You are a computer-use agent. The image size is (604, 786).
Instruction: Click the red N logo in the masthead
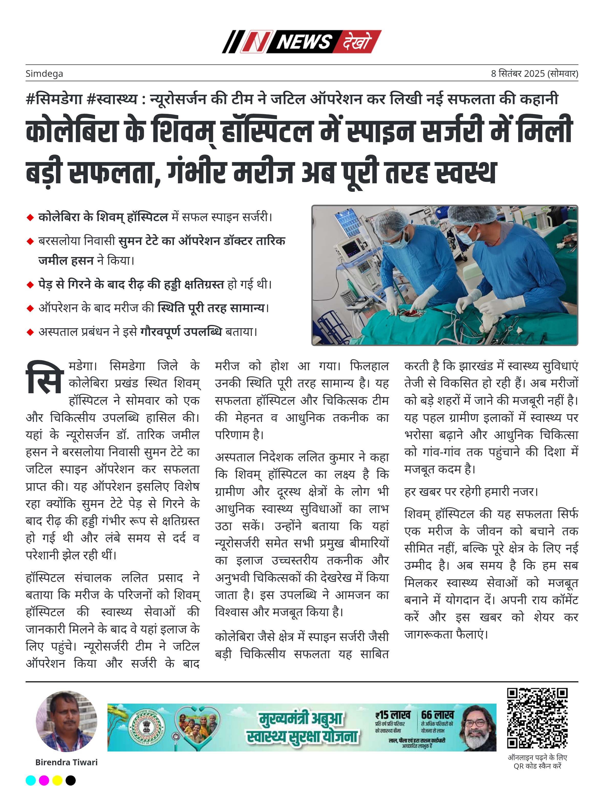(255, 42)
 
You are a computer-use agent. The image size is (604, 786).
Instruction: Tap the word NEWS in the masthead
(304, 42)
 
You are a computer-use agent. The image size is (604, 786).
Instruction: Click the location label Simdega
(44, 74)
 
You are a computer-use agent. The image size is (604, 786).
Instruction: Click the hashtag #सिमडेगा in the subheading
(54, 99)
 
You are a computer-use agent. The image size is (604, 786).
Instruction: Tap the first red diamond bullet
(30, 218)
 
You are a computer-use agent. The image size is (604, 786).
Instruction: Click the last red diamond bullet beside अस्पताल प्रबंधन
(30, 332)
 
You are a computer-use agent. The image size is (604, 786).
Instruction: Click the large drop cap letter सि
(45, 378)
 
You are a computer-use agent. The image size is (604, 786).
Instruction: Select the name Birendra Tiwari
(67, 762)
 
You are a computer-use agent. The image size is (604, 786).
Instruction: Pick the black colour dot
(71, 780)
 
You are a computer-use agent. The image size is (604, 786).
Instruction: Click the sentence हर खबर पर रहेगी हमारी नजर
(471, 492)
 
